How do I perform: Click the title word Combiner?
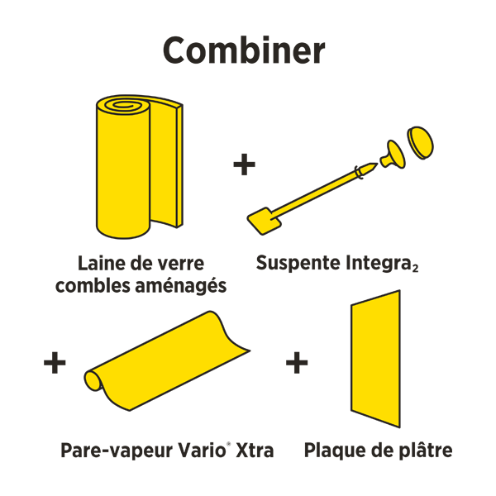click(244, 50)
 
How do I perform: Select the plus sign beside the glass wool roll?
click(244, 165)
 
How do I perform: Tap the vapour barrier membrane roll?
click(165, 364)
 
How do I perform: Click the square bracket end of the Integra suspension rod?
click(263, 218)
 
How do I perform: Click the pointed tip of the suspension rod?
click(373, 166)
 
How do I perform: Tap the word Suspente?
click(295, 264)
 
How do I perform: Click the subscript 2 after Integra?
click(413, 268)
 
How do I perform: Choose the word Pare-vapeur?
click(111, 451)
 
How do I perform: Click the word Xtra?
click(255, 451)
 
